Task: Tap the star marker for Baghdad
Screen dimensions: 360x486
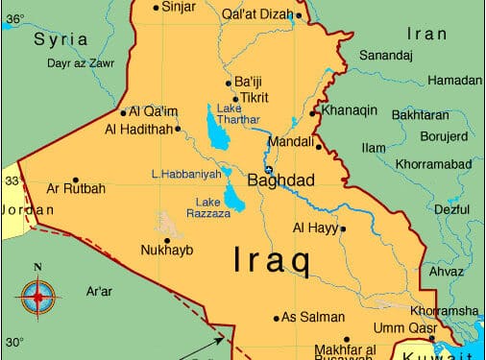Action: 269,169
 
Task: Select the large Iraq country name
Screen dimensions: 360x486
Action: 273,260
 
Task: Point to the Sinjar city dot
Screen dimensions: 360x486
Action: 157,8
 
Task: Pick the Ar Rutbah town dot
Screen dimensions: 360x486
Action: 76,178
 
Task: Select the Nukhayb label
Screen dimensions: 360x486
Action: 167,252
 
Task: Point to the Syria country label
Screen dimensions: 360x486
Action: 61,40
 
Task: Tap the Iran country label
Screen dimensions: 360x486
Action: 427,34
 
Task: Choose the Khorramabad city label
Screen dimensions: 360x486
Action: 433,165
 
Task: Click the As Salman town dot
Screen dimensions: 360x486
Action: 277,318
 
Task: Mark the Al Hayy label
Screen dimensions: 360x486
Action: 315,228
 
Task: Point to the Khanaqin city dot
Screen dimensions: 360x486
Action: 312,113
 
